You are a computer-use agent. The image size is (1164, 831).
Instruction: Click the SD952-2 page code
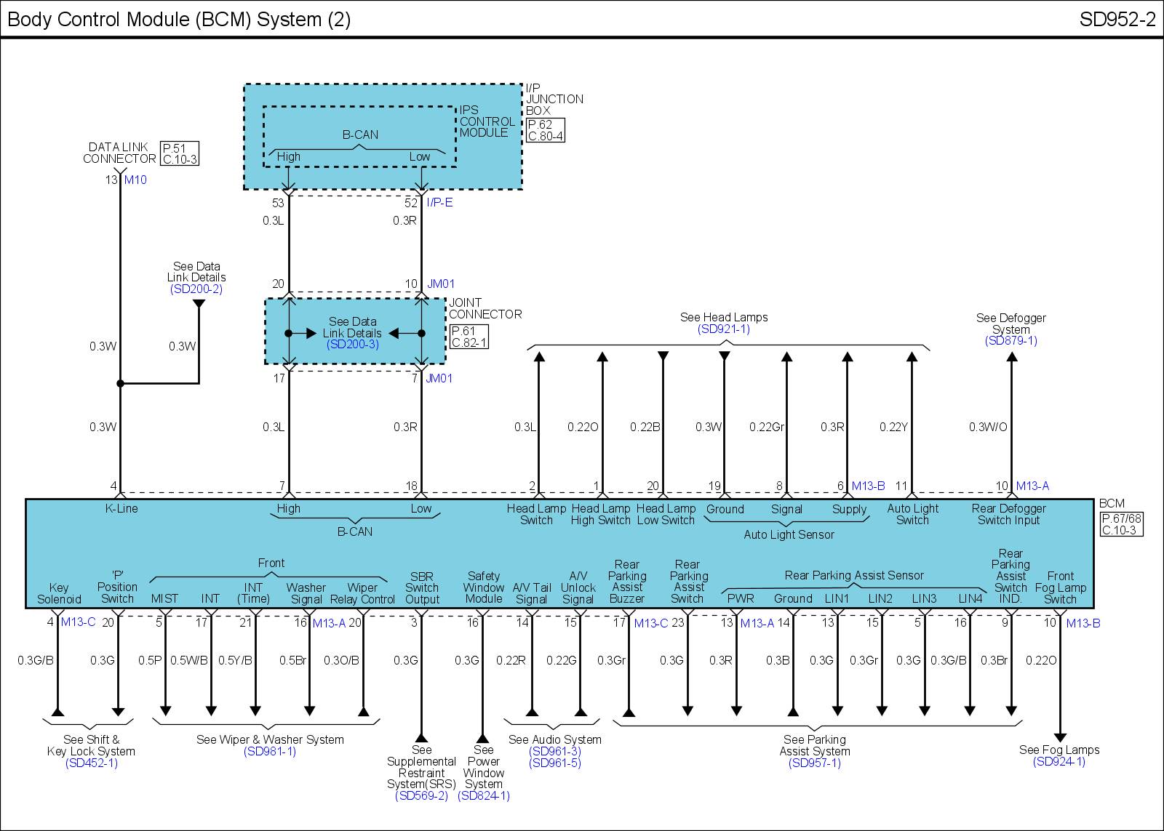tap(1117, 20)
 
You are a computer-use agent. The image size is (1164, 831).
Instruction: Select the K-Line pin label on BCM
tap(121, 509)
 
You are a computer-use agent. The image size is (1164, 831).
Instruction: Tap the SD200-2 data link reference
tap(196, 289)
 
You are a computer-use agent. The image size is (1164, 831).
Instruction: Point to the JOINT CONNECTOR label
tap(485, 308)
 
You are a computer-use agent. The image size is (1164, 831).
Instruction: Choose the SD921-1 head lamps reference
tap(723, 329)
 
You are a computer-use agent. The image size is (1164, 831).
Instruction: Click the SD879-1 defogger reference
tap(1010, 340)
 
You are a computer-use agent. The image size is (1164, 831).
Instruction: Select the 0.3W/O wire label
tap(987, 427)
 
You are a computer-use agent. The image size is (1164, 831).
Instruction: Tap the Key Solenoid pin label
tap(59, 593)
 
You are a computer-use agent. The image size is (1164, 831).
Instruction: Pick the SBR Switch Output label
tap(422, 588)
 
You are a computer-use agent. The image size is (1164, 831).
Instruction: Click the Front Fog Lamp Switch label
tap(1060, 587)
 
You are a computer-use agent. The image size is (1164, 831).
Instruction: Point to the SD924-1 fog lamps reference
tap(1059, 762)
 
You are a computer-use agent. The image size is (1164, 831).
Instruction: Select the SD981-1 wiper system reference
tap(270, 752)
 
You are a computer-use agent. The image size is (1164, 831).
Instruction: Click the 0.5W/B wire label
tap(189, 661)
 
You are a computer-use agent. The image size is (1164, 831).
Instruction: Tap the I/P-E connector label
tap(439, 203)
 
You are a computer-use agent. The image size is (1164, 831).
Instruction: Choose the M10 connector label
tap(135, 180)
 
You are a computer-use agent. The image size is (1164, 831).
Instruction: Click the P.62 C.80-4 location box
tap(544, 130)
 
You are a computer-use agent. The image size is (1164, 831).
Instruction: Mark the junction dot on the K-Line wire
tap(121, 383)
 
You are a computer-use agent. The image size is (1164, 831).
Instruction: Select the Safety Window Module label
tap(484, 587)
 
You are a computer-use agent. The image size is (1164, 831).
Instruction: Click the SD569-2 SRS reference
tap(421, 796)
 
